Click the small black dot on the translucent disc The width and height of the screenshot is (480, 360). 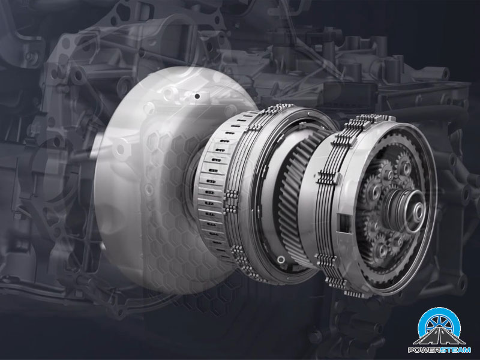click(197, 97)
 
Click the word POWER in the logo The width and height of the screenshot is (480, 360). click(423, 350)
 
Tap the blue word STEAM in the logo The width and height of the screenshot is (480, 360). click(455, 350)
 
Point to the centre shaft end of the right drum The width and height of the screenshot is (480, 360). click(417, 211)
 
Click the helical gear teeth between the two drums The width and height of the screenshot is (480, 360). click(294, 196)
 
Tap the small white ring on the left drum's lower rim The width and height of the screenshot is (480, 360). click(281, 260)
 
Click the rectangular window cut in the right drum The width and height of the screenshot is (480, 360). click(344, 223)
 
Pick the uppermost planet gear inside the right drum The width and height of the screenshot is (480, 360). click(404, 167)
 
